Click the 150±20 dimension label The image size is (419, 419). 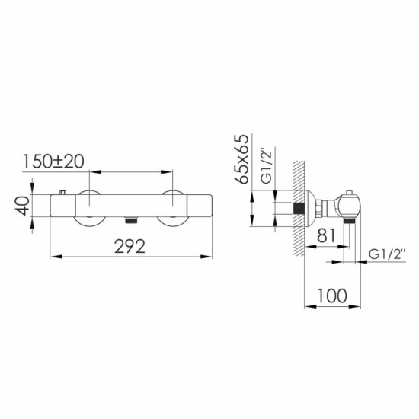coord(53,162)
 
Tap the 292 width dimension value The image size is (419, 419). coord(130,246)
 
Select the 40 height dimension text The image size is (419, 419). coord(22,206)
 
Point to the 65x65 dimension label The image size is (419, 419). coord(241,159)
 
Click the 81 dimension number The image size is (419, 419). coord(326,235)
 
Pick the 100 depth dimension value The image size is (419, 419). coord(332,296)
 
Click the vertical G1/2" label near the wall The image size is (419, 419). coord(266,167)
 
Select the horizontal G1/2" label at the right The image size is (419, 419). coord(387,254)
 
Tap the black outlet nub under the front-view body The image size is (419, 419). coord(131,220)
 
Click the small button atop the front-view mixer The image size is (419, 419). coord(62,193)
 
